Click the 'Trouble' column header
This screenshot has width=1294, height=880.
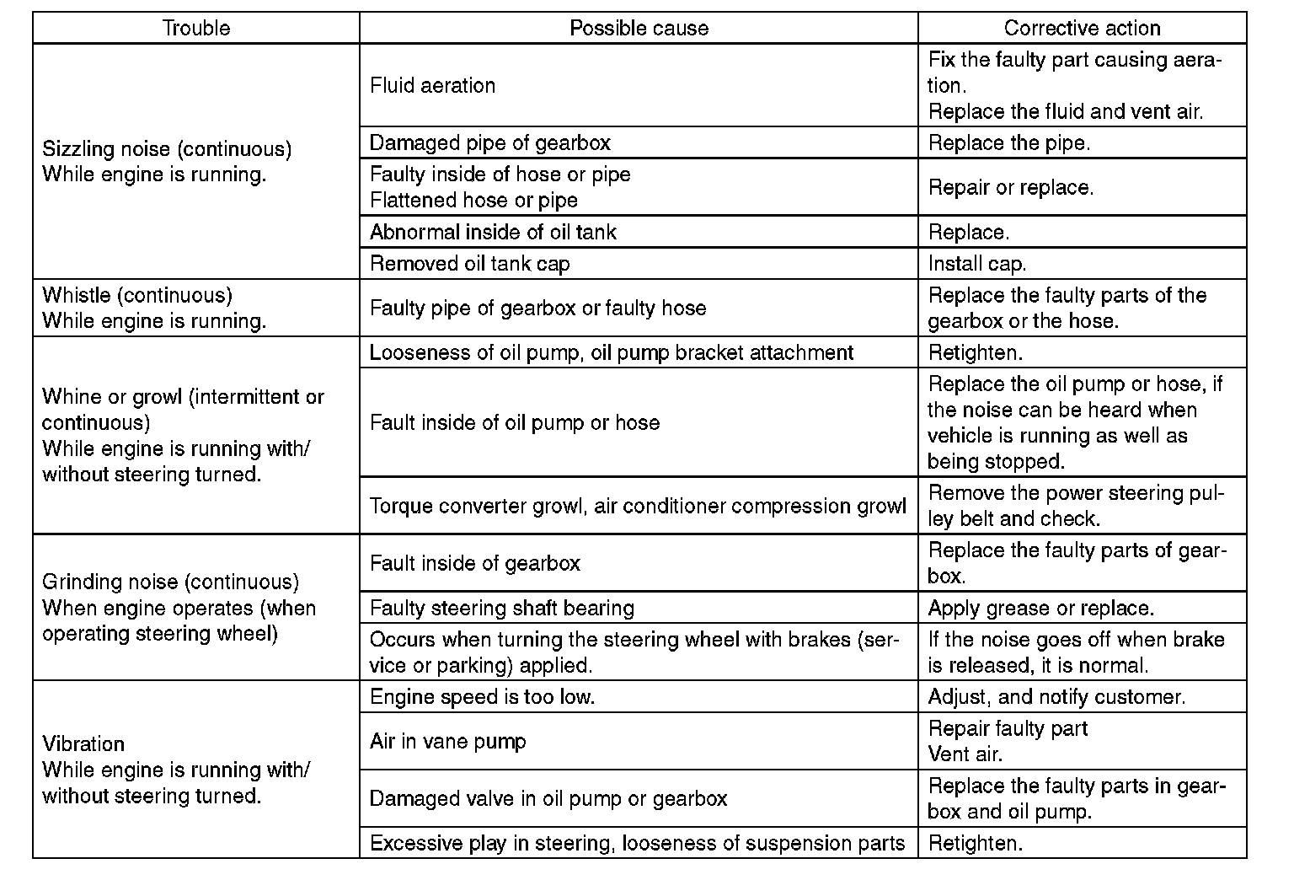tap(195, 28)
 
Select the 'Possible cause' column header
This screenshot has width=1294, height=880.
tap(639, 28)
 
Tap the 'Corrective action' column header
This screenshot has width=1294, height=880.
tap(1082, 28)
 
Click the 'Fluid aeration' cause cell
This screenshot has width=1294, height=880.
tap(432, 85)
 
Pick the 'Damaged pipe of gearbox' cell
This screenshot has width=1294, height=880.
tap(489, 142)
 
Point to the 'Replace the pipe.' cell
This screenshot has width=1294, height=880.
tap(1008, 142)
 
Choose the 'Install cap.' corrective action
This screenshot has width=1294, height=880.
tap(976, 263)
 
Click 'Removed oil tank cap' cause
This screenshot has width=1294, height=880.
tap(469, 263)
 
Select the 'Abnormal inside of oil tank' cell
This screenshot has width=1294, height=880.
tap(493, 232)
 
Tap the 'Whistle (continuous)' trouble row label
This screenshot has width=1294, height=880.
tap(137, 295)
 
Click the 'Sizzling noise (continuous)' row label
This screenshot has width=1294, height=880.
tap(167, 149)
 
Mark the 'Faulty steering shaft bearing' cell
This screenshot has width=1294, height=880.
tap(501, 608)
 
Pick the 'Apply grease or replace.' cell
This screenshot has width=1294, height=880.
tap(1040, 608)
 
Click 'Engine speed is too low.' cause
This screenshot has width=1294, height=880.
tap(482, 697)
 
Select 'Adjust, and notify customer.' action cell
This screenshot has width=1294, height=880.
tap(1056, 697)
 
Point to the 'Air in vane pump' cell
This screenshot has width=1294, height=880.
tap(447, 741)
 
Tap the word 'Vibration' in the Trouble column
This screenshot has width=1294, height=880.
tap(83, 743)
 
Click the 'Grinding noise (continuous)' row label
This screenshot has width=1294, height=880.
tap(170, 582)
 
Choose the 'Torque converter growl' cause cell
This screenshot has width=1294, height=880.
tap(638, 506)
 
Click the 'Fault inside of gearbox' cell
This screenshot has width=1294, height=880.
tap(474, 563)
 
